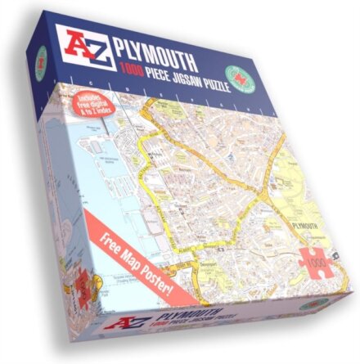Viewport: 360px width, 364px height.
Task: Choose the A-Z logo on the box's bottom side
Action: (156, 317)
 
